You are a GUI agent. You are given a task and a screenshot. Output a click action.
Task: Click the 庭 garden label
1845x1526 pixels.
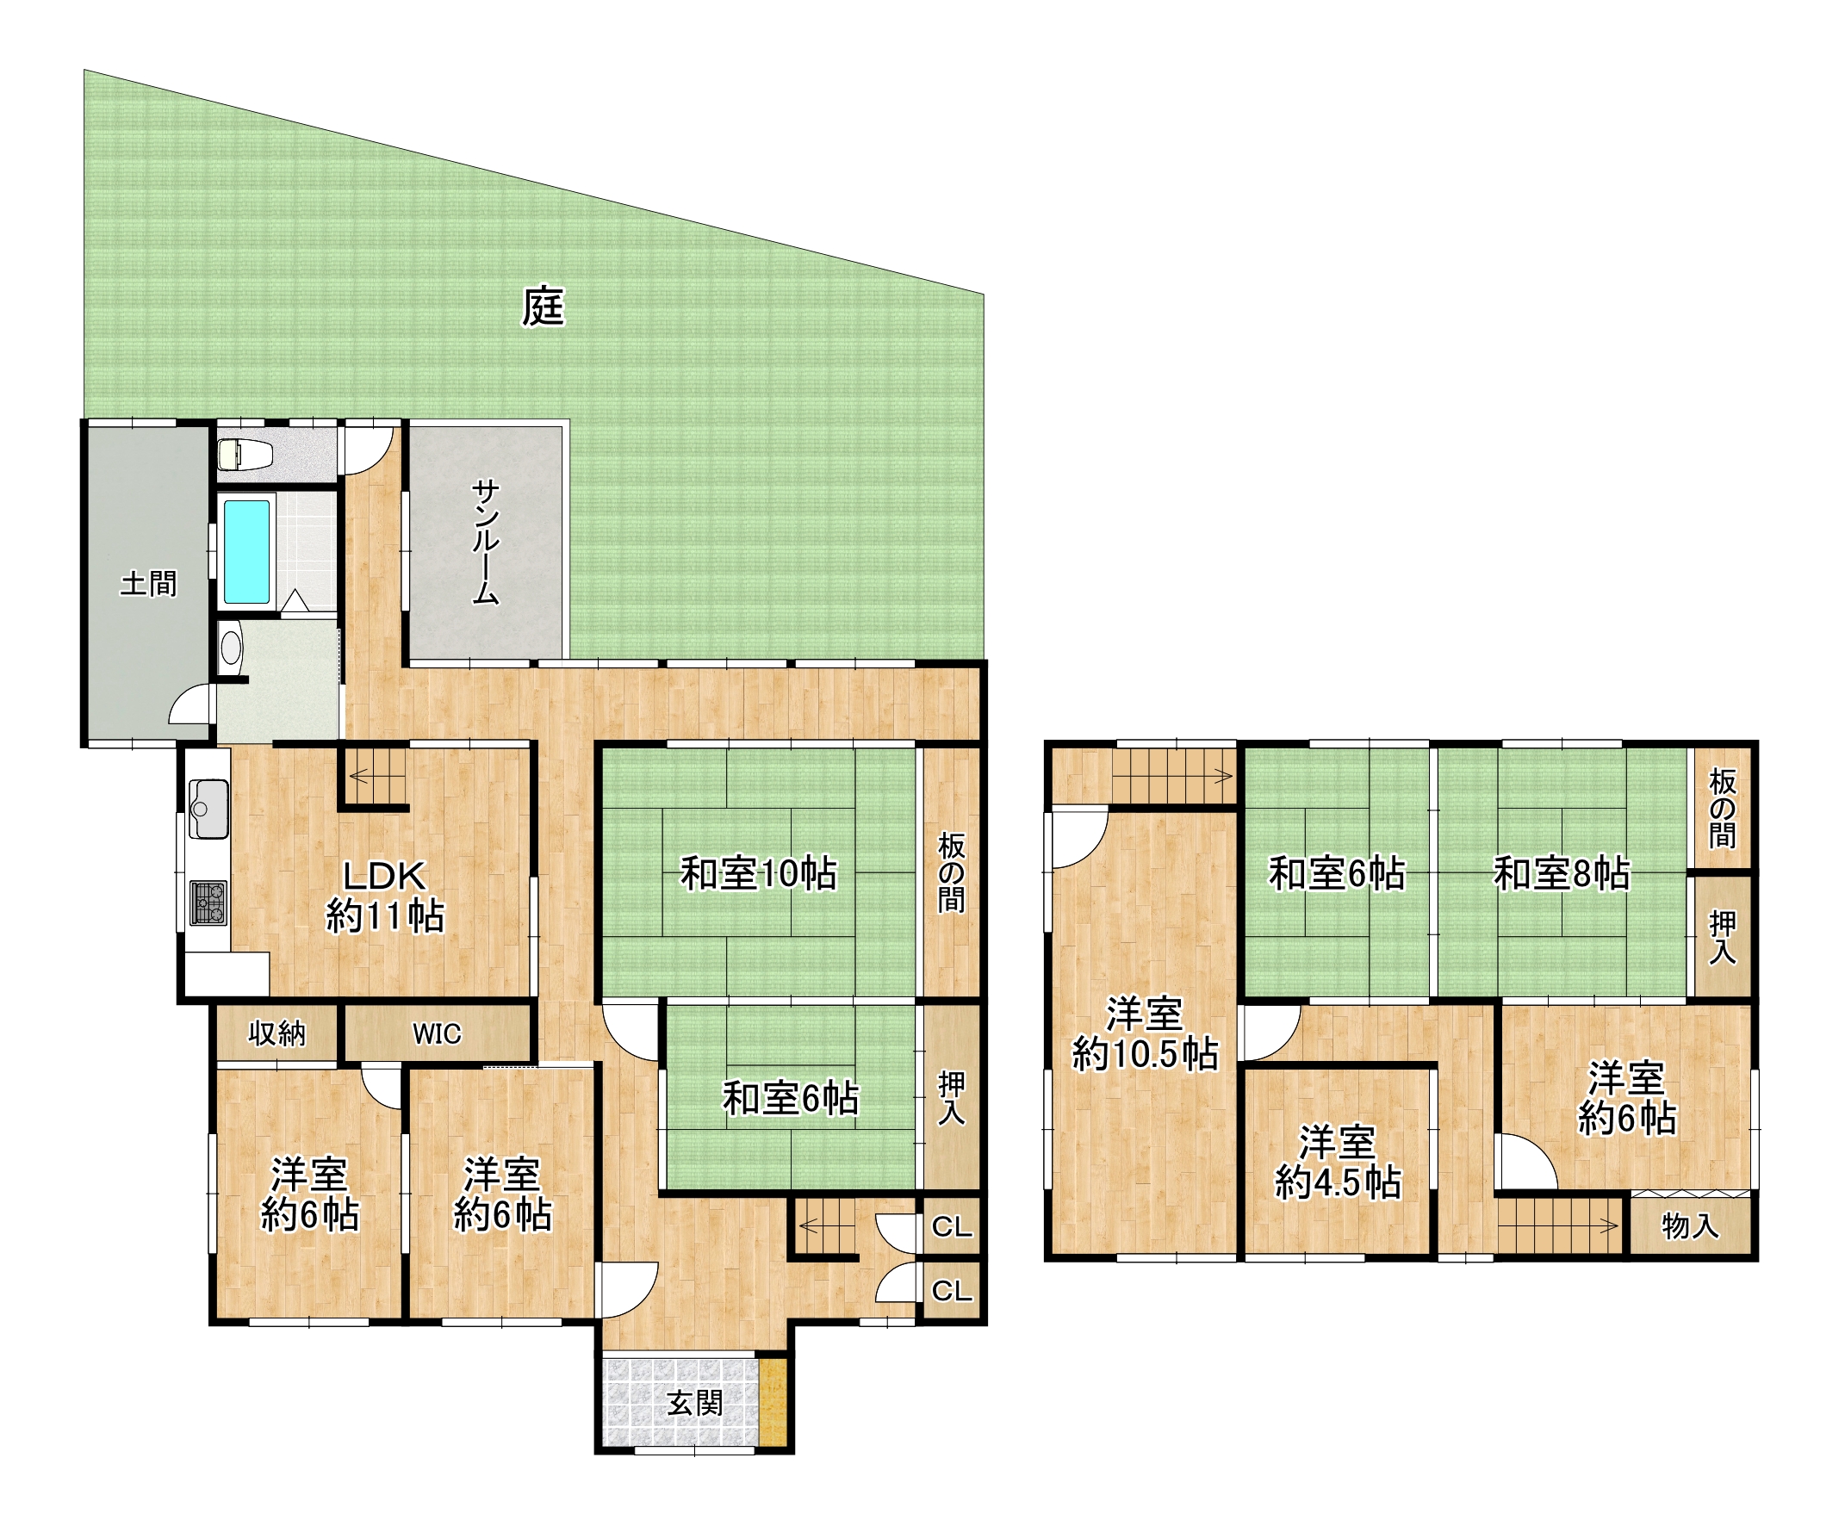pyautogui.click(x=543, y=307)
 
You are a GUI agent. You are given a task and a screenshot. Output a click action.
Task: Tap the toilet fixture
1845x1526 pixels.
pyautogui.click(x=245, y=454)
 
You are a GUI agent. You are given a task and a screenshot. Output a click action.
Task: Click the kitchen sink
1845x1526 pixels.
pyautogui.click(x=208, y=809)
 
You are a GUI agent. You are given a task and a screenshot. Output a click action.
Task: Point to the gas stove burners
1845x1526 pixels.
pyautogui.click(x=208, y=903)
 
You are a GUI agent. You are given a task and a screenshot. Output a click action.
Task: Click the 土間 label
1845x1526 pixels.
pyautogui.click(x=148, y=583)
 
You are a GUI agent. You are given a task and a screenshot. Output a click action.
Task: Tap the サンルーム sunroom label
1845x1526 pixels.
pyautogui.click(x=486, y=542)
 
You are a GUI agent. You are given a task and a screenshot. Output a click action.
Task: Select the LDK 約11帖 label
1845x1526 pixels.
pyautogui.click(x=385, y=896)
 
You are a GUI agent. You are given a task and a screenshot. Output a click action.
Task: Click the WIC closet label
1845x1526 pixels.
pyautogui.click(x=437, y=1034)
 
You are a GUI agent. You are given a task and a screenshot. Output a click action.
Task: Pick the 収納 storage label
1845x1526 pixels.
pyautogui.click(x=276, y=1034)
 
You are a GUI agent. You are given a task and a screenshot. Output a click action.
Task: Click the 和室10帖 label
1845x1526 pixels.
pyautogui.click(x=759, y=874)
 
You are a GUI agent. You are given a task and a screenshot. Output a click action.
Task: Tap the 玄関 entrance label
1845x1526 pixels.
pyautogui.click(x=695, y=1403)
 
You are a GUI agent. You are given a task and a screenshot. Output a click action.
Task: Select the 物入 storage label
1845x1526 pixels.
pyautogui.click(x=1689, y=1225)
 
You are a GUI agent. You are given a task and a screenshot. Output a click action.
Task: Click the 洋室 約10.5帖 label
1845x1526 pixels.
pyautogui.click(x=1145, y=1034)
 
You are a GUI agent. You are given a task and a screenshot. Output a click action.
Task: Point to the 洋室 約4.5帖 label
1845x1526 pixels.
pyautogui.click(x=1337, y=1163)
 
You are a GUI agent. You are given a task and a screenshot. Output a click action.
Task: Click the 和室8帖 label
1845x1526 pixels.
pyautogui.click(x=1562, y=874)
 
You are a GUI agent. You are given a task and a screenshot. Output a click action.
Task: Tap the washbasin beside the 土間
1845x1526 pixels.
pyautogui.click(x=231, y=648)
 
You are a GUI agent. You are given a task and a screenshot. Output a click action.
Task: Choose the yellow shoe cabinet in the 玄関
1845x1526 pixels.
pyautogui.click(x=773, y=1403)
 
